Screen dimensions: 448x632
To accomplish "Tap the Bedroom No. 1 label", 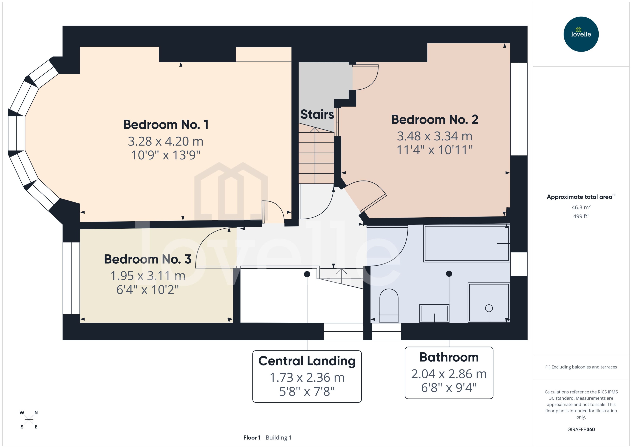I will tap(166, 125).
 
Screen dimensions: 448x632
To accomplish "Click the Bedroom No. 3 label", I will tap(148, 259).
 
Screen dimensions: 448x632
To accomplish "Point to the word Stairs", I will tap(317, 114).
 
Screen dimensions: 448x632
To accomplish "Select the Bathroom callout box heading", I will tap(449, 357).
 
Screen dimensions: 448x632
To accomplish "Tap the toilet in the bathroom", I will tap(389, 306).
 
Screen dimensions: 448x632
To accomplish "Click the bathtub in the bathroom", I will tap(466, 243).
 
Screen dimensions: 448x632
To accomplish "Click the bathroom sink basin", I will tap(434, 313).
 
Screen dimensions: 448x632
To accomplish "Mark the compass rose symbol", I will tap(29, 420).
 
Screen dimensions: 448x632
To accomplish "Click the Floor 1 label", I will tap(252, 438).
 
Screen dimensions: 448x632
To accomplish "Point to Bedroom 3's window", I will tap(71, 278).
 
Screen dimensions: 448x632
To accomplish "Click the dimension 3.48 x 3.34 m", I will tap(435, 136).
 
